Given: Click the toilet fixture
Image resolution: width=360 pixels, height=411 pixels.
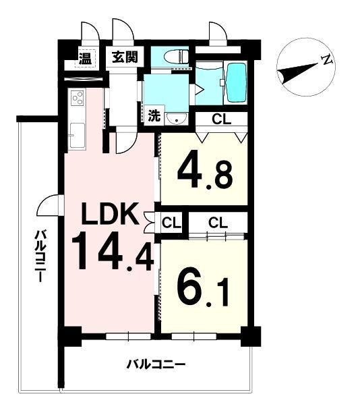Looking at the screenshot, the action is pos(176,56).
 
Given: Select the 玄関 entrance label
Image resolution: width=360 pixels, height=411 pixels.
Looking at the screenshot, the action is pos(125,57).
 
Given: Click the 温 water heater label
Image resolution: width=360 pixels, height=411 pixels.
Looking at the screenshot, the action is pos(86,58).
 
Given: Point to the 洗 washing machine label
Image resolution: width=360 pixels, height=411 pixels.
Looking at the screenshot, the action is pos(154,115).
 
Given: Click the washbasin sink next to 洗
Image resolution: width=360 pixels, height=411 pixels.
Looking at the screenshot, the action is pos(177,119).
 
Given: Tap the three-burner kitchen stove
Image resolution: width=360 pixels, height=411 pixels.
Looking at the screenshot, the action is pos(78,98).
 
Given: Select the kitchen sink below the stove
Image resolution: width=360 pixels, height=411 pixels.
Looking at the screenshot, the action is pos(77,136).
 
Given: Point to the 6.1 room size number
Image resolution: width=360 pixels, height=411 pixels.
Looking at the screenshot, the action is pos(204,287).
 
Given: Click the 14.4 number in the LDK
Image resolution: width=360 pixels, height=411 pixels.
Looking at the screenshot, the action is pos(113,252).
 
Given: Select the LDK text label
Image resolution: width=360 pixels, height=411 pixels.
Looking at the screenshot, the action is pos(110,213).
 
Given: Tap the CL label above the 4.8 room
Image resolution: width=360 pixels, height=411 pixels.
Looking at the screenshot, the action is pos(222,119).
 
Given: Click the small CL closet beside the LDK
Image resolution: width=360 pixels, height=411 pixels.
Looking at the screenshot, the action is pos(171,223).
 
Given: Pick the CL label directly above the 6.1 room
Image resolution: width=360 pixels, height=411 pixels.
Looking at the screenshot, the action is pos(218,223).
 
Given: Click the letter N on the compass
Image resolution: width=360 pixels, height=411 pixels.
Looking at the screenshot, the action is pos(326,60).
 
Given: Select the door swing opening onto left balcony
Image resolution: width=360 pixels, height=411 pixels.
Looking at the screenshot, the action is pos(50,205).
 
